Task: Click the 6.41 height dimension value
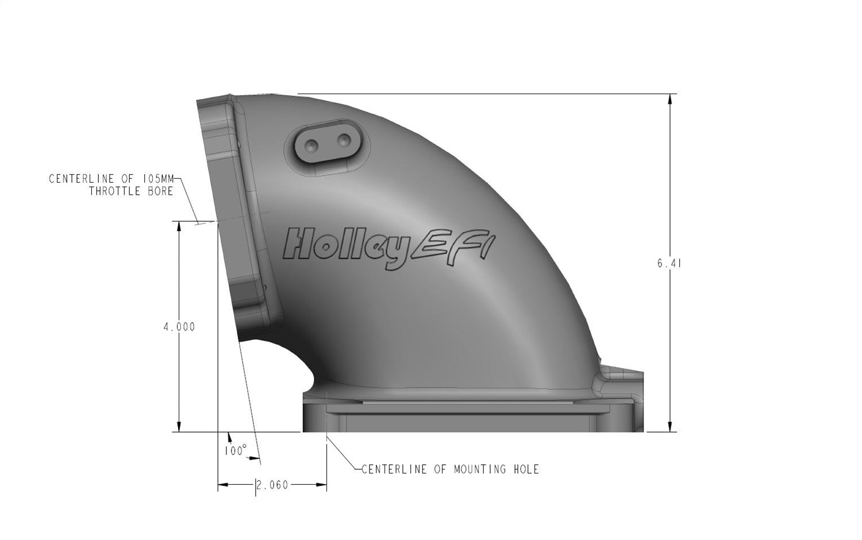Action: click(669, 264)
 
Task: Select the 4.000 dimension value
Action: click(179, 327)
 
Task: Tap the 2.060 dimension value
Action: click(272, 485)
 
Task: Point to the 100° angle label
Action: click(236, 451)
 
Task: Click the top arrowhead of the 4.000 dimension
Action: click(179, 226)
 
